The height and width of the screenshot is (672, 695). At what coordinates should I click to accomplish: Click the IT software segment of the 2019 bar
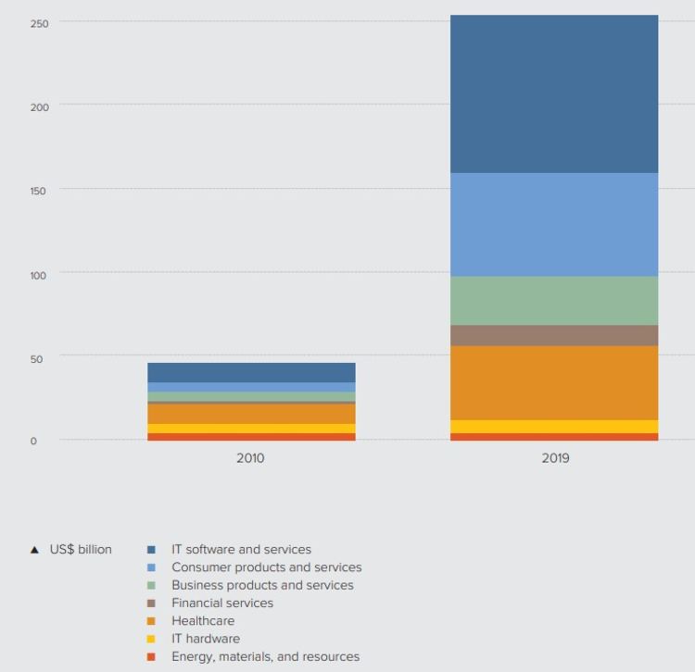(554, 93)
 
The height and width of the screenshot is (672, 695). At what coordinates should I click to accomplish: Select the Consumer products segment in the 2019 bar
(554, 224)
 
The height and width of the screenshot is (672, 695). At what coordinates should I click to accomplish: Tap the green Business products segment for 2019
(554, 300)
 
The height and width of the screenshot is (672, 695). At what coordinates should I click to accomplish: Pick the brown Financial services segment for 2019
(554, 335)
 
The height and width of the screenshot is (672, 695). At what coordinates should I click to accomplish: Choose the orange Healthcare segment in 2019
(554, 382)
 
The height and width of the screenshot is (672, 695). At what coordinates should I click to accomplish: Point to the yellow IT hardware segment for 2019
(554, 427)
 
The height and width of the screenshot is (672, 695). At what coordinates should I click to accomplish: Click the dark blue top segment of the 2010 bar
(251, 372)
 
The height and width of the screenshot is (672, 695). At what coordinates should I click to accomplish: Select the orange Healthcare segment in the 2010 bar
(251, 414)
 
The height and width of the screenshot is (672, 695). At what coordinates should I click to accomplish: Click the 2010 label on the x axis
(250, 458)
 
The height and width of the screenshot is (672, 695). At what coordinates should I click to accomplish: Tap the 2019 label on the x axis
(556, 458)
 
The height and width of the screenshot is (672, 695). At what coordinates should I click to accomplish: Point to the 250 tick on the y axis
(39, 22)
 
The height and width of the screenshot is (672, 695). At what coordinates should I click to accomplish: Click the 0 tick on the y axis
(33, 442)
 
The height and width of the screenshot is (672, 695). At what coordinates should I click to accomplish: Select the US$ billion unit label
(81, 550)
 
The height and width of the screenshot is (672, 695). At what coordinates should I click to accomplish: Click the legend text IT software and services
(241, 550)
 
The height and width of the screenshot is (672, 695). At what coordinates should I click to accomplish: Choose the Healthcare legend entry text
(203, 621)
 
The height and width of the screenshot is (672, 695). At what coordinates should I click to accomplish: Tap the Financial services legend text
(222, 604)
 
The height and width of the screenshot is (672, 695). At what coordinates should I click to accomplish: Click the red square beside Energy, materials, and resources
(151, 657)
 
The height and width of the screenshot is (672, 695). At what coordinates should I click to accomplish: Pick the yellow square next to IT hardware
(151, 640)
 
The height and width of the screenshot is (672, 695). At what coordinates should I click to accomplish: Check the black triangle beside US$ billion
(34, 550)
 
